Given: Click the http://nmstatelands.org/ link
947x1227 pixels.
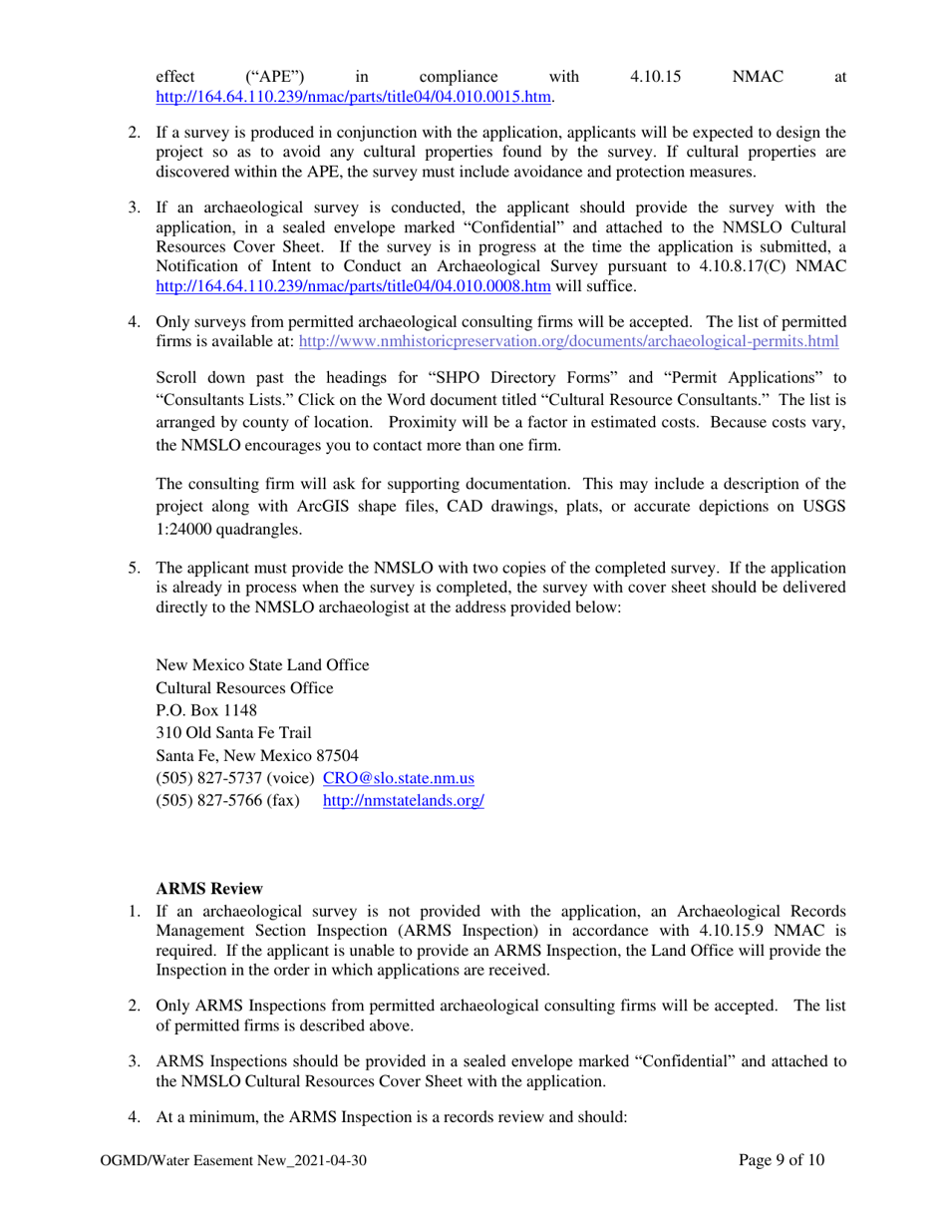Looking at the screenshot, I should coord(404,801).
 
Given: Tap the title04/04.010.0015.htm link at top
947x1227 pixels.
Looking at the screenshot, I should coord(354,97).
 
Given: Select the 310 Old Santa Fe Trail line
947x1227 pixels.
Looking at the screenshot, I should coord(233,733).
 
